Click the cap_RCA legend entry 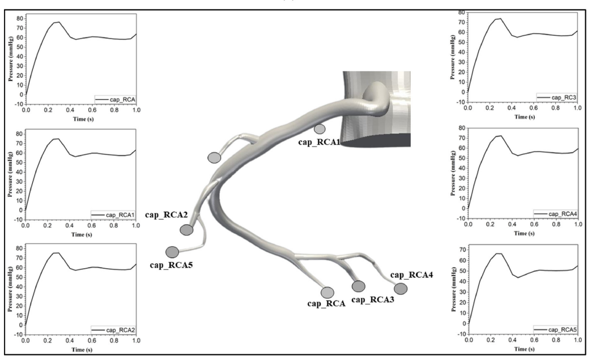tap(115, 99)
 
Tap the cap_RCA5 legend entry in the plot tap(555, 330)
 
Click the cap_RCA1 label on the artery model tap(320, 142)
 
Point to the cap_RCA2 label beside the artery tap(167, 215)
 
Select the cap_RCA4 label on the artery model tap(411, 275)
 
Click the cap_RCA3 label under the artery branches tap(373, 299)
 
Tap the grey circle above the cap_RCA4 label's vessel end tap(401, 289)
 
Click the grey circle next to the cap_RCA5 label tap(172, 252)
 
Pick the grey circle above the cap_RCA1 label tap(320, 129)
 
